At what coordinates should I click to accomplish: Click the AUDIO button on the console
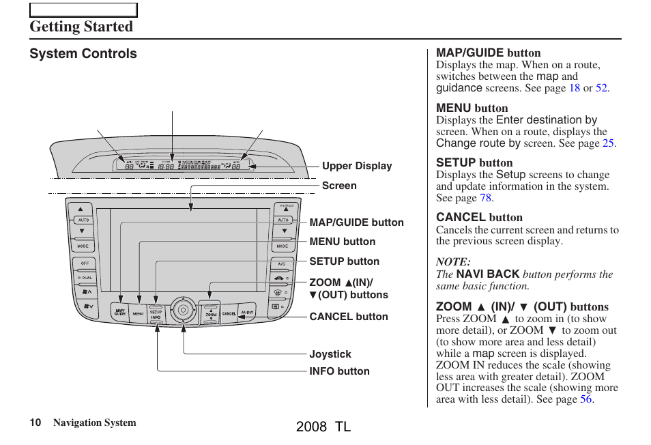point(247,313)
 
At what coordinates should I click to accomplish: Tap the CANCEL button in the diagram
point(229,313)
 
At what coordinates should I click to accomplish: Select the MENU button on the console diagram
point(139,313)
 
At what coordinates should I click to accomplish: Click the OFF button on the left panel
point(85,263)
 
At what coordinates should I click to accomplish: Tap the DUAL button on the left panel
point(85,278)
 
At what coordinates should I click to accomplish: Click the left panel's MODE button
point(83,246)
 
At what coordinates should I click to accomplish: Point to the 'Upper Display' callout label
point(357,166)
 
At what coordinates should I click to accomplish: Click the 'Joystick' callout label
point(330,354)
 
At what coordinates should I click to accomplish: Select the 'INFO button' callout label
point(339,371)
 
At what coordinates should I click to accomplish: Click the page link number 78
point(485,198)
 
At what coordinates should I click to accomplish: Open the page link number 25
point(608,143)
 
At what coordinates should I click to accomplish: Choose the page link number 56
point(586,399)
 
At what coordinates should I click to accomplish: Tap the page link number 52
point(601,88)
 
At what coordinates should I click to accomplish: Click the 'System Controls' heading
point(83,54)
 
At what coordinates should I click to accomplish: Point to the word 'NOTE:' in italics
point(453,262)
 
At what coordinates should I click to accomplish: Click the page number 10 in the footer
point(35,423)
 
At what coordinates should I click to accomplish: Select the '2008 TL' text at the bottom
point(324,427)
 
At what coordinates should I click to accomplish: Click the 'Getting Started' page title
point(81,27)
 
